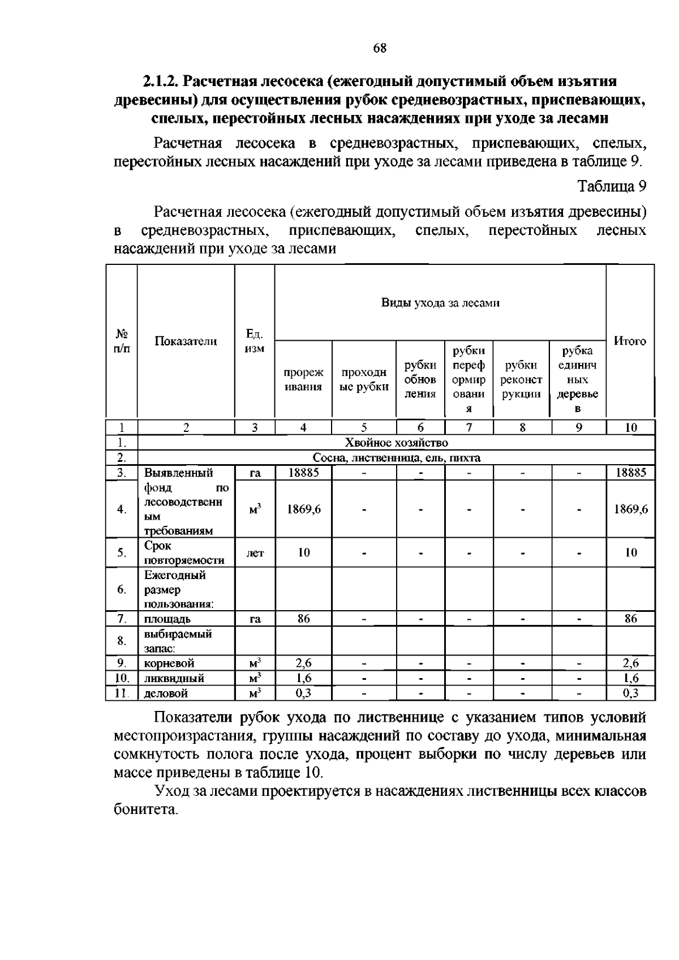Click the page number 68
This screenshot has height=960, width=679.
(x=380, y=48)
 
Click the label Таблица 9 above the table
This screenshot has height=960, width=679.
(x=611, y=186)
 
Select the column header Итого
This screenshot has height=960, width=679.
(x=630, y=341)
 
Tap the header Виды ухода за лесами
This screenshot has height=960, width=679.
(x=440, y=303)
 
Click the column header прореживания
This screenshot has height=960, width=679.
(x=303, y=379)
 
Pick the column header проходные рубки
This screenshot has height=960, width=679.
(x=364, y=379)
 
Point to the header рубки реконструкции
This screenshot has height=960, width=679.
(x=521, y=379)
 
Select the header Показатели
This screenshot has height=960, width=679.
(x=186, y=341)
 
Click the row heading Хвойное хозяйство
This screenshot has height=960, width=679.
(x=396, y=443)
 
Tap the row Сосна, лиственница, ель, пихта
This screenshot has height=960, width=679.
(x=396, y=458)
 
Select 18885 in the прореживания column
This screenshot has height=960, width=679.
(x=303, y=473)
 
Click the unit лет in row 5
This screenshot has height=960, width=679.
(x=255, y=553)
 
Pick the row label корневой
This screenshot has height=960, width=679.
(x=169, y=663)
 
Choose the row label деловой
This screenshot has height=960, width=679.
(x=166, y=693)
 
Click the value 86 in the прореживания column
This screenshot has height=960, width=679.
(x=303, y=619)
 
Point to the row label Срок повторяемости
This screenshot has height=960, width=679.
(x=184, y=553)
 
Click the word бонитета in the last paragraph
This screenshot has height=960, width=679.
(x=145, y=810)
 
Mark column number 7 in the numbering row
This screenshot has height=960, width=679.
(x=469, y=428)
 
